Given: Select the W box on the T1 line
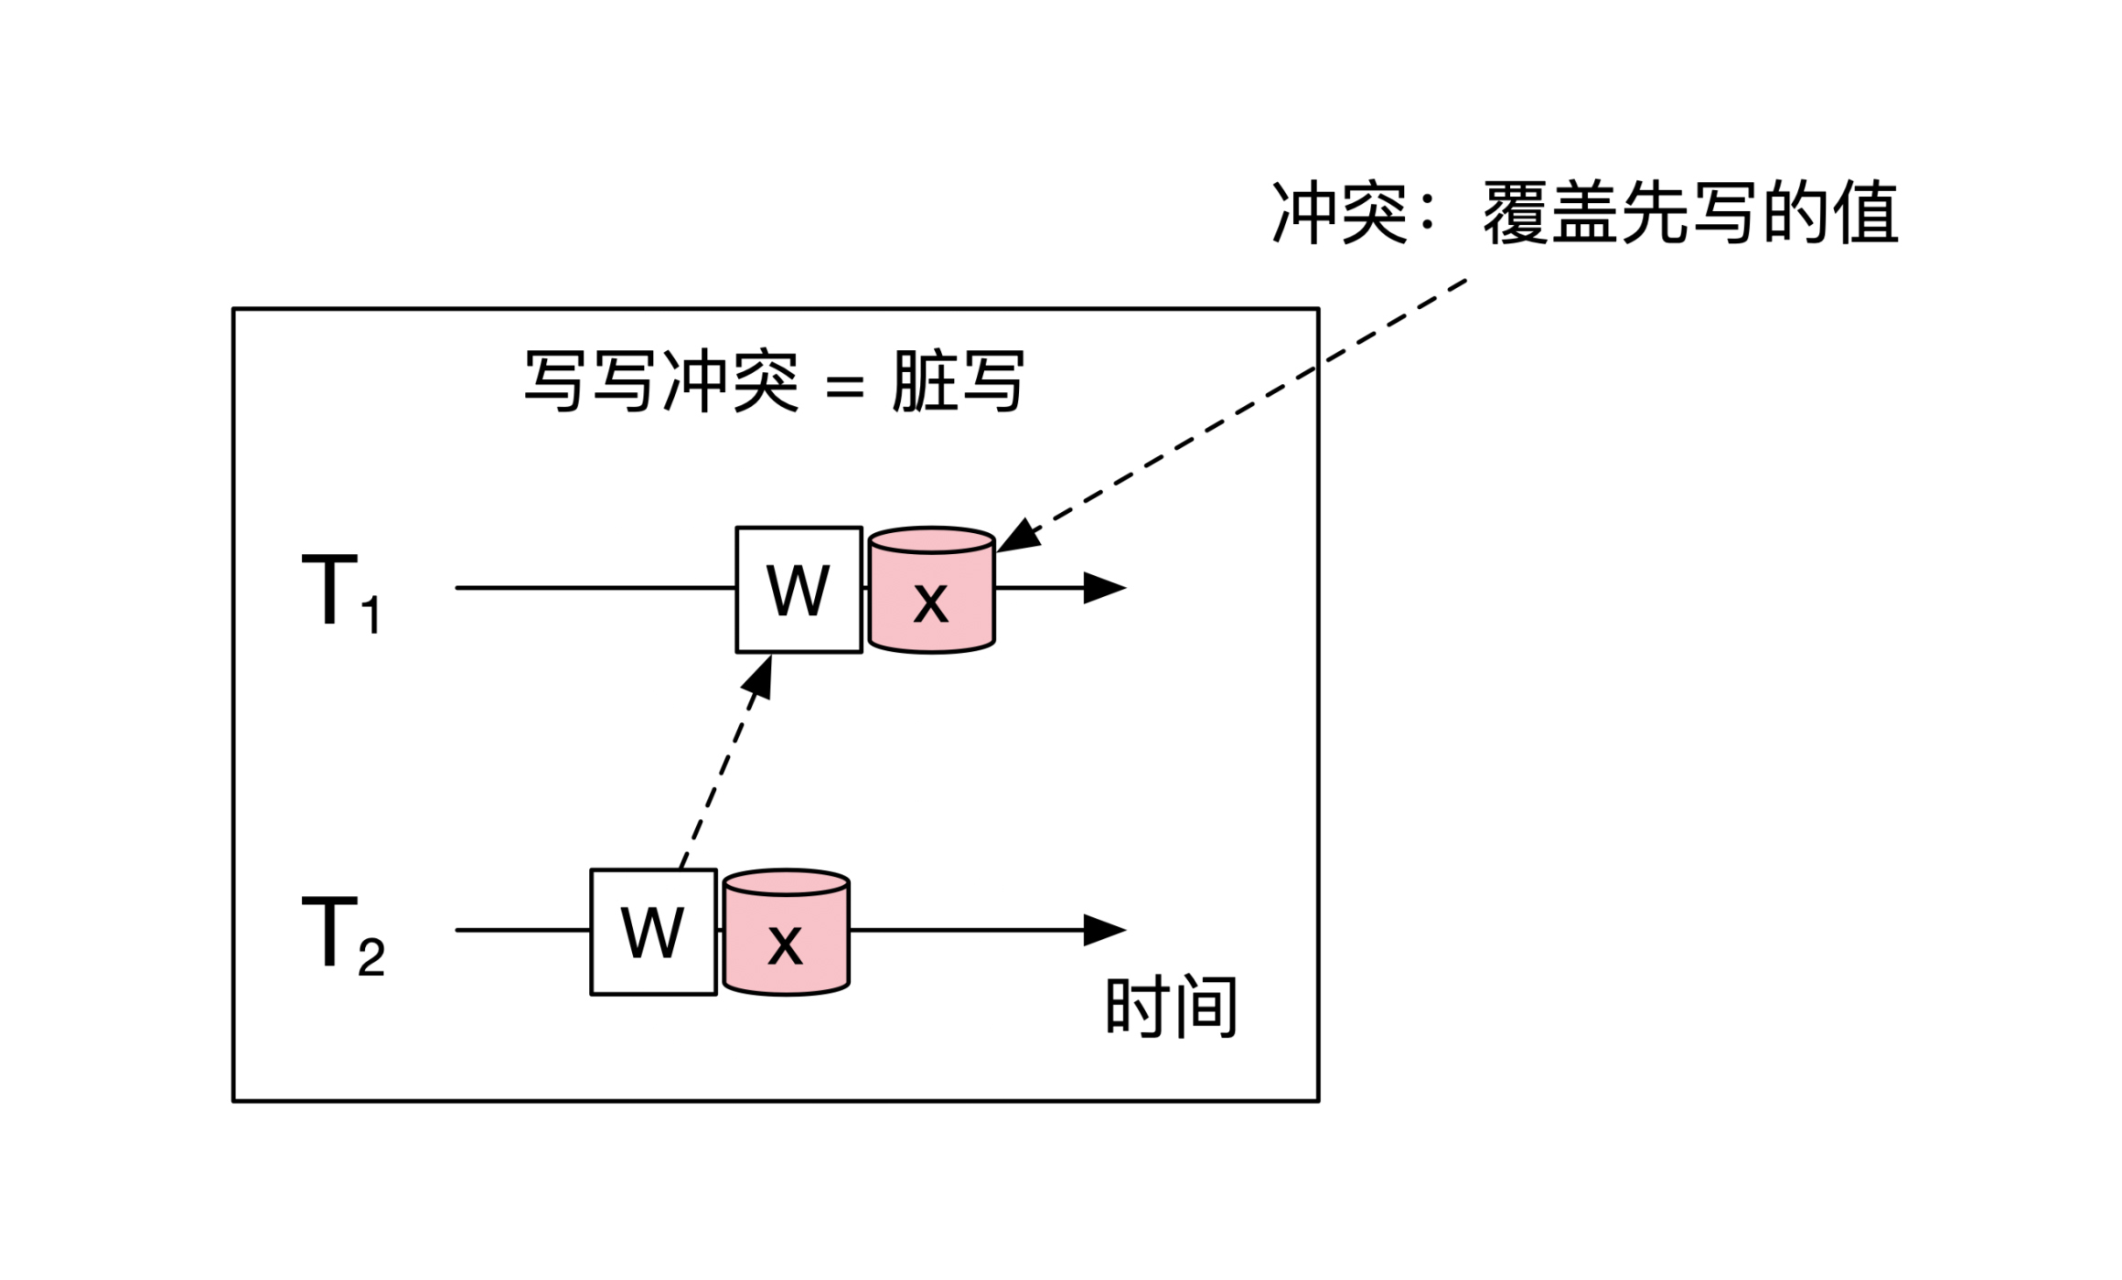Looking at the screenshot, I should (x=798, y=590).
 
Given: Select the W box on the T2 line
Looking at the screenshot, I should (x=653, y=933).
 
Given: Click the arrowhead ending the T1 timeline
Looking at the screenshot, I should (x=1103, y=588).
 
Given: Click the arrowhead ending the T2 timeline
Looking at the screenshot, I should (x=1103, y=930).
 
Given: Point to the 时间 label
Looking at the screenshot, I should (x=1171, y=1007).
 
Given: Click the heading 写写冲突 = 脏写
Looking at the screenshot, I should (x=774, y=381).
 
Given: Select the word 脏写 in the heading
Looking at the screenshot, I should (x=957, y=381).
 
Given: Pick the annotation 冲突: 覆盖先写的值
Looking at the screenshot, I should (x=1584, y=214).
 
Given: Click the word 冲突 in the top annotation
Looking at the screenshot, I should (x=1339, y=214).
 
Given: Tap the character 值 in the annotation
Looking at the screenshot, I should (x=1864, y=214).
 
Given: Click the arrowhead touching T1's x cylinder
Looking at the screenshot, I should (x=1019, y=537).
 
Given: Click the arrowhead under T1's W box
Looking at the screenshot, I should (x=760, y=678).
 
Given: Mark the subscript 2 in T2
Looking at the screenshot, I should (x=370, y=958).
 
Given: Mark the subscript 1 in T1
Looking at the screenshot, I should (x=370, y=616).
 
